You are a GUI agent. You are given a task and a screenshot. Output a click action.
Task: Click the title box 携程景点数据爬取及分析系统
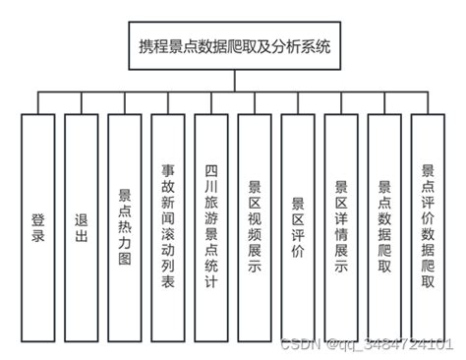click(233, 46)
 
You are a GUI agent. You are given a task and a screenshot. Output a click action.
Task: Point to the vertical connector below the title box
click(233, 81)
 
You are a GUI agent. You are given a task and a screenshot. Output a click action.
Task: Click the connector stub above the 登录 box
click(38, 103)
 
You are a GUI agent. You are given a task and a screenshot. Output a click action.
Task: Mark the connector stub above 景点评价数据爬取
click(428, 103)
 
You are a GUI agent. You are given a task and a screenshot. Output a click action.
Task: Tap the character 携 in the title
click(147, 46)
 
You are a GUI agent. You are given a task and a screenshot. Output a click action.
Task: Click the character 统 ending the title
click(321, 46)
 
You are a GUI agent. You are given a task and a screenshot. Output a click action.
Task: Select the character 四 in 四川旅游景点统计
click(211, 168)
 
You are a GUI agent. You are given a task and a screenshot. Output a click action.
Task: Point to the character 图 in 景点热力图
click(125, 254)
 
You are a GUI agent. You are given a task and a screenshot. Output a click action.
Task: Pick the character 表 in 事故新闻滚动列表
click(168, 281)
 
